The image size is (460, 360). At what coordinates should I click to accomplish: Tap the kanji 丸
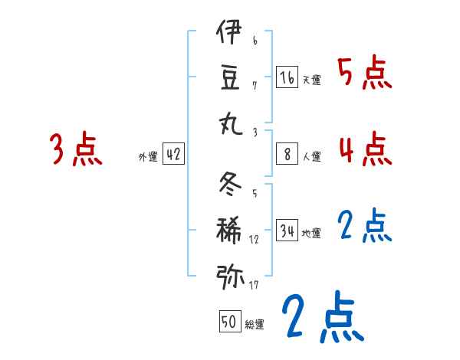(229, 123)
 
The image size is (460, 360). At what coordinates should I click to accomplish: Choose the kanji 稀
(229, 229)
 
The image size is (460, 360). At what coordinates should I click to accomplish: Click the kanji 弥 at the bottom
(229, 274)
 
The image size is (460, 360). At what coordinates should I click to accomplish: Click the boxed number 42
(173, 155)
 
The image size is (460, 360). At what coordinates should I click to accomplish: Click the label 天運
(311, 80)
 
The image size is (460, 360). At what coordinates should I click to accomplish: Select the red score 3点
(76, 149)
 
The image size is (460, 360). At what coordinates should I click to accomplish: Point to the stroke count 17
(254, 286)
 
